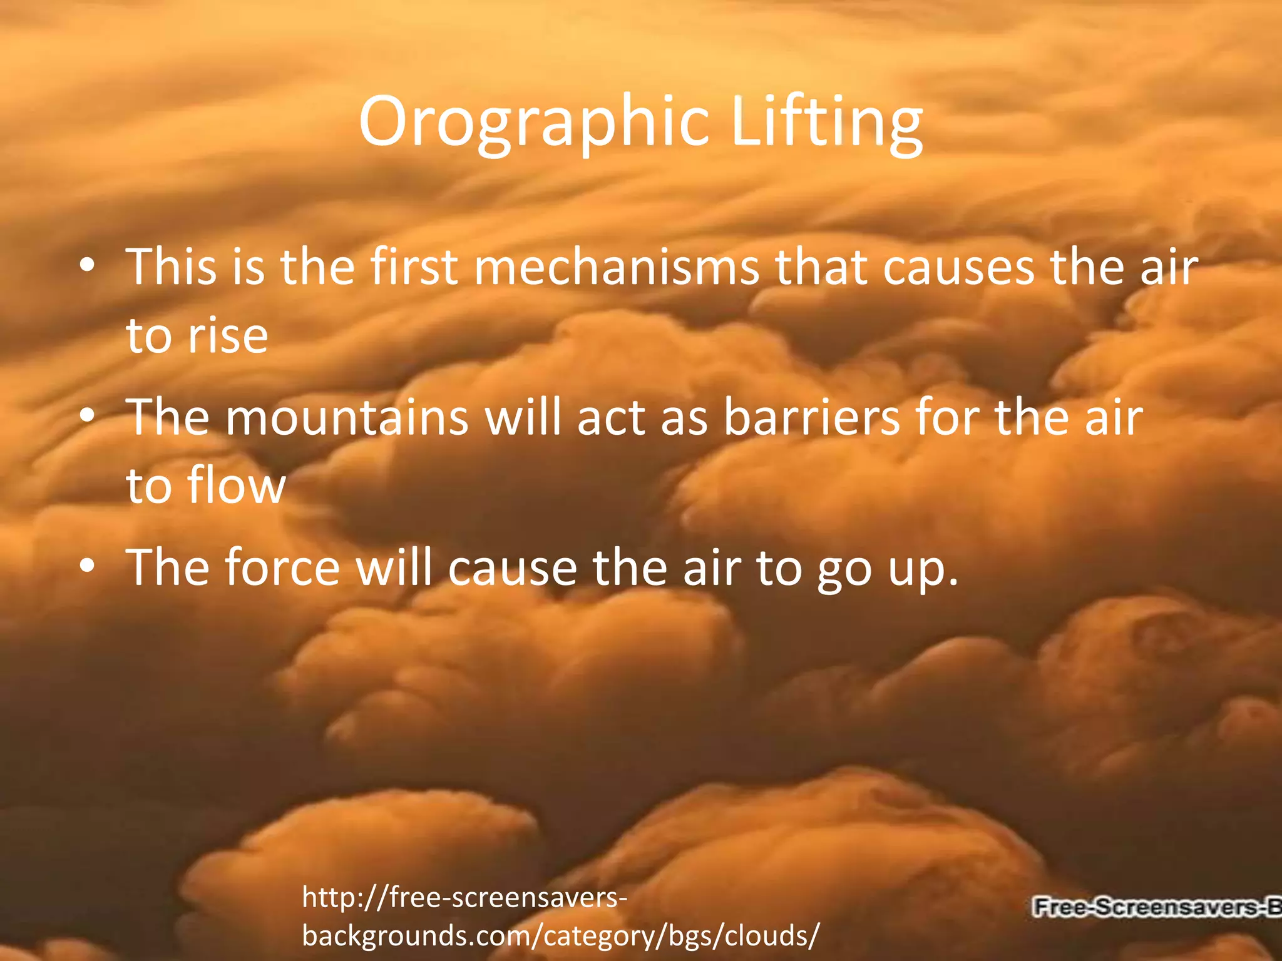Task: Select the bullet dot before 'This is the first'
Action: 88,265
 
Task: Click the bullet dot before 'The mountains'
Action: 88,415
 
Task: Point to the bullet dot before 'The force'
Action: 88,566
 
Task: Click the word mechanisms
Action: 616,268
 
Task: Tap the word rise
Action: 228,337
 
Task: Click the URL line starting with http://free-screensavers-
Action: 464,898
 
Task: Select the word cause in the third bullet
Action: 513,568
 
